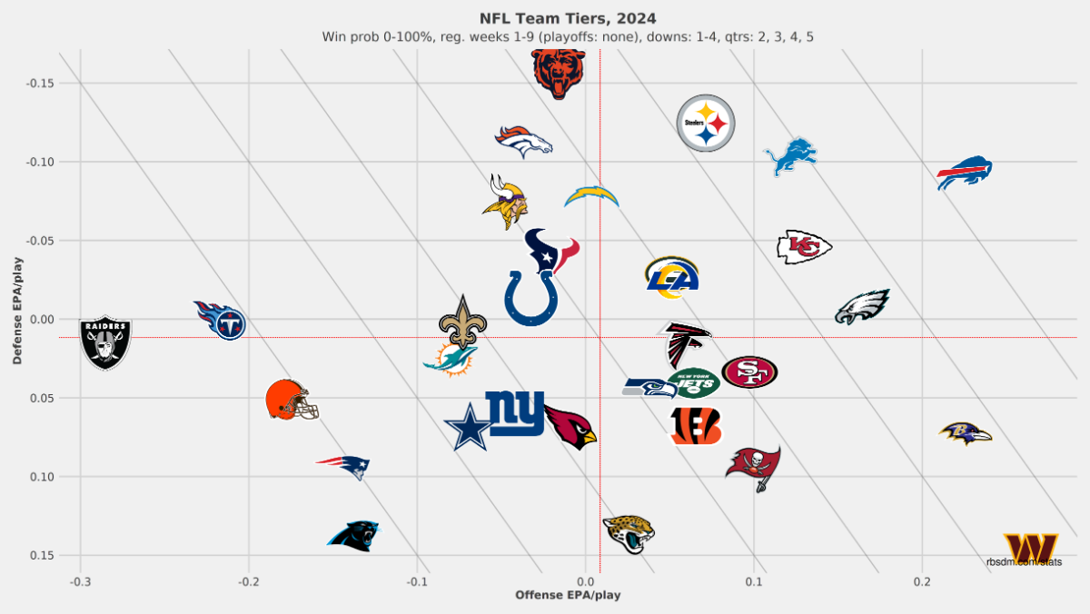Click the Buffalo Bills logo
964,173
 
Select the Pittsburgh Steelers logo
706,124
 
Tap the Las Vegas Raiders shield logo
106,342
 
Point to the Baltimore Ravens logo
965,433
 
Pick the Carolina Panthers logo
353,536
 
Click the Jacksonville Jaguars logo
629,533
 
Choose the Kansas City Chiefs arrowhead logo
804,247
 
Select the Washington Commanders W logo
1030,549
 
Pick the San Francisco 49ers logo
749,371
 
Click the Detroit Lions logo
790,156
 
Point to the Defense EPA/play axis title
17,311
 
